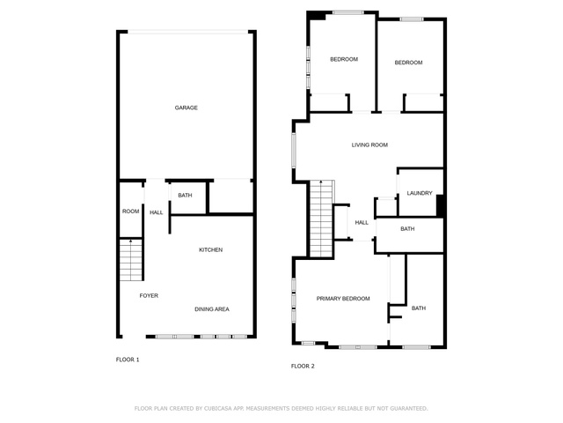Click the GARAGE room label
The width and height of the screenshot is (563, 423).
coord(186,108)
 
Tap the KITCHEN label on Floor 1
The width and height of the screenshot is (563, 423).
coord(211,249)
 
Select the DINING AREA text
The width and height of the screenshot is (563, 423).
coord(212,309)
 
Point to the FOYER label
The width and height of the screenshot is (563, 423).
coord(149,296)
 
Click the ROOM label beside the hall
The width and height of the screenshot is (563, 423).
coord(131,211)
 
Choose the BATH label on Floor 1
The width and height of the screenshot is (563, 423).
coord(185,196)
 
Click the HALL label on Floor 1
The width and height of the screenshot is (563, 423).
coord(157,212)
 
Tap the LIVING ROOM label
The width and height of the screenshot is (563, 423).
coord(369,145)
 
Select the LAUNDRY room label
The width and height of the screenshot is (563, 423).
coord(420,193)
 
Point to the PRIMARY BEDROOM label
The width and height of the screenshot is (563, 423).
coord(343,299)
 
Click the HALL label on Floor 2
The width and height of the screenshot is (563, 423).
coord(362,223)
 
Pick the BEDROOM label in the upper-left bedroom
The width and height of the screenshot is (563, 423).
coord(344,59)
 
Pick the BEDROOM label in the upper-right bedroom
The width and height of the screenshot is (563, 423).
coord(408,63)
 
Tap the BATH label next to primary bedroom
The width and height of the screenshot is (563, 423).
coord(419,308)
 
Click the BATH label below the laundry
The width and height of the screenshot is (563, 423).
coord(407,229)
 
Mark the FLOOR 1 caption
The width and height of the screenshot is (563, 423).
coord(128,360)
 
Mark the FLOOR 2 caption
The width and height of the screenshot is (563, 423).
coord(303,367)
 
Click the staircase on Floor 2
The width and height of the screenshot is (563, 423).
coord(321,219)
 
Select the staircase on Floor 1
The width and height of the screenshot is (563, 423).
coord(131,259)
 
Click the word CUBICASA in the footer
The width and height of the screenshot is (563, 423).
coord(218,409)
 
